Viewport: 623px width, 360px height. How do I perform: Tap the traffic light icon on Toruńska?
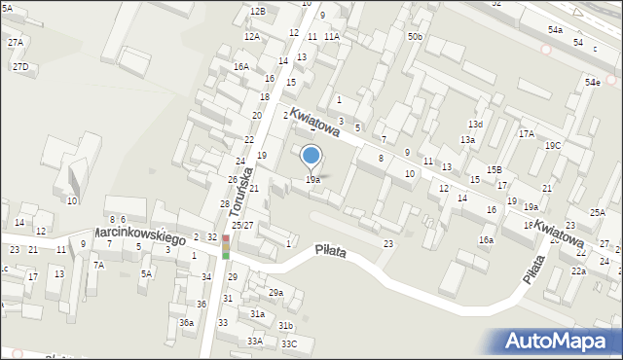click(226, 247)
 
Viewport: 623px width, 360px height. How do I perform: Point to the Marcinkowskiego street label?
click(139, 236)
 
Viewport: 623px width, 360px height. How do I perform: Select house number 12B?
click(257, 11)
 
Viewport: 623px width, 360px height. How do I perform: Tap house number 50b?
click(416, 36)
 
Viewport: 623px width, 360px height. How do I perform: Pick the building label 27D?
click(19, 66)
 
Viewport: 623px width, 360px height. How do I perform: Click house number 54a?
click(555, 30)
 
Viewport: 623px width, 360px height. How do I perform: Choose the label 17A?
click(526, 133)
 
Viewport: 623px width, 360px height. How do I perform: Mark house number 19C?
click(553, 145)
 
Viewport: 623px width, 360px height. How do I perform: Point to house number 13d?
click(475, 125)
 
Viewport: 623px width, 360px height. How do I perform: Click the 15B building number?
click(495, 170)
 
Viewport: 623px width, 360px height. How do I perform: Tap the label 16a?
click(485, 239)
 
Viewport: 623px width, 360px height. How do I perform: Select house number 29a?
click(275, 292)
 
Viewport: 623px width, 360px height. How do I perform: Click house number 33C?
click(289, 343)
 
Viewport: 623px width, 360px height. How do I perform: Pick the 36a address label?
click(186, 322)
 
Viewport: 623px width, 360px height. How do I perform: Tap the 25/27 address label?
click(242, 225)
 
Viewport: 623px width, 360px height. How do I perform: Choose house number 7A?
click(98, 265)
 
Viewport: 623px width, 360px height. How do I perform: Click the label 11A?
click(332, 36)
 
